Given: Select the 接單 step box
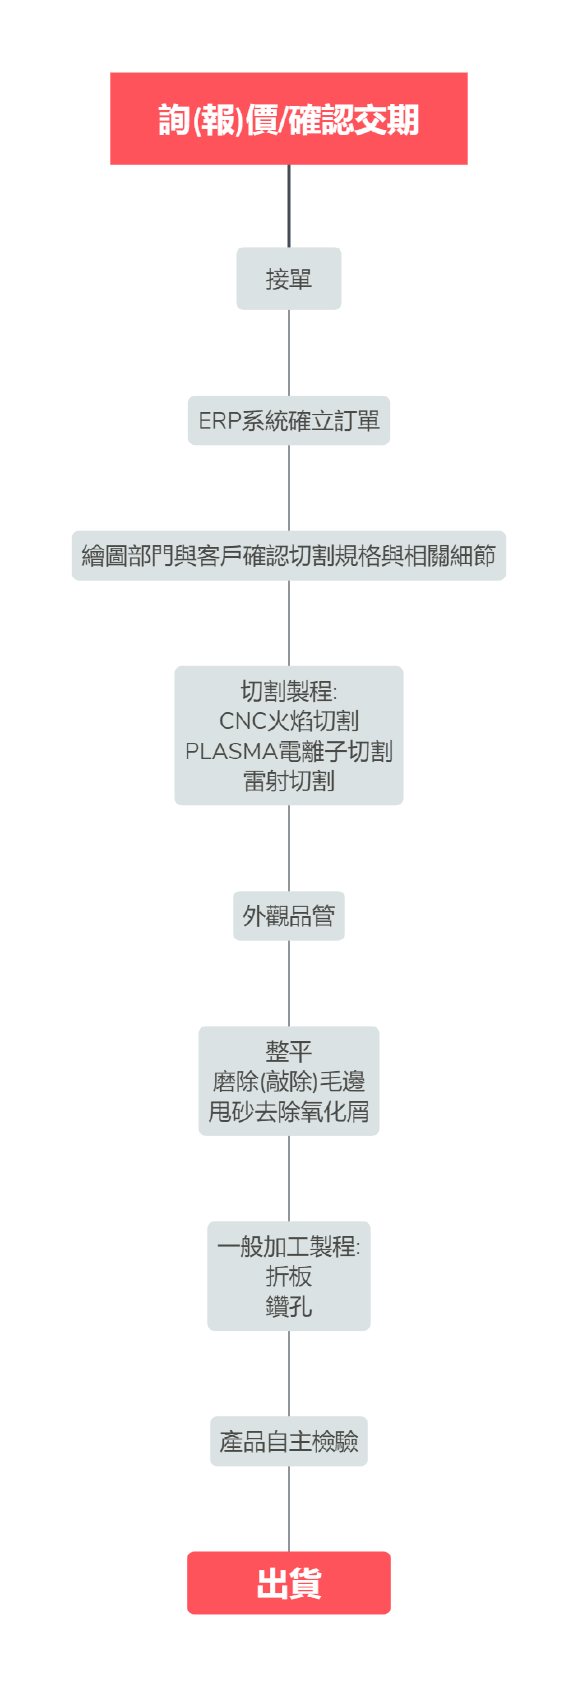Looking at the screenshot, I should point(289,278).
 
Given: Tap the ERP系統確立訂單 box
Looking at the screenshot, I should point(289,420).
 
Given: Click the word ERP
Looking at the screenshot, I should point(219,420).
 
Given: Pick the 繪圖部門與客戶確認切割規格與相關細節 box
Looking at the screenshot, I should point(289,555).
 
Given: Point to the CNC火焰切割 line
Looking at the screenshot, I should point(289,720).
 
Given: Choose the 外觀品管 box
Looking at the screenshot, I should point(289,915).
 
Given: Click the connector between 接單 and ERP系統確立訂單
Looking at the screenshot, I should point(289,352).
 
